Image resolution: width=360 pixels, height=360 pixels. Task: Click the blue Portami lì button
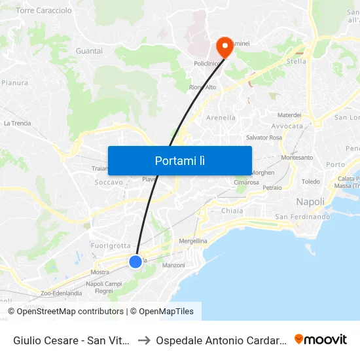pyautogui.click(x=179, y=160)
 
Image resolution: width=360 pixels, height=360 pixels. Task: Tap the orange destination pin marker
pyautogui.click(x=224, y=46)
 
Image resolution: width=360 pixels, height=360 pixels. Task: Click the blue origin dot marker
pyautogui.click(x=135, y=262)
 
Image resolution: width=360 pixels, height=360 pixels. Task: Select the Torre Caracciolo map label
pyautogui.click(x=43, y=11)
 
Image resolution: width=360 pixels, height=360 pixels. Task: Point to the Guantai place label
pyautogui.click(x=89, y=50)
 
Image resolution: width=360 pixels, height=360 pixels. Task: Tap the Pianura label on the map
pyautogui.click(x=14, y=83)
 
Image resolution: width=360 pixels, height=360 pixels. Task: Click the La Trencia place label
pyautogui.click(x=17, y=123)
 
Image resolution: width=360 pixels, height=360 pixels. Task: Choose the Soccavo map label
pyautogui.click(x=109, y=183)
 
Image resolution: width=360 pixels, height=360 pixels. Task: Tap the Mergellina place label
pyautogui.click(x=194, y=241)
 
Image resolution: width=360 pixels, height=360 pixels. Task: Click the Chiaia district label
pyautogui.click(x=232, y=211)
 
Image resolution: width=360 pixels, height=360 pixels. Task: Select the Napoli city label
pyautogui.click(x=310, y=202)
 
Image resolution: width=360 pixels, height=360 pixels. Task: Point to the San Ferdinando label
pyautogui.click(x=302, y=217)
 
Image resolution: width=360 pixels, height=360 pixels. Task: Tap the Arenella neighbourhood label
pyautogui.click(x=221, y=118)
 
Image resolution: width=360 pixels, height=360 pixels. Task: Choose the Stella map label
pyautogui.click(x=297, y=62)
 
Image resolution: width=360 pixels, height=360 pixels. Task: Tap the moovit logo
pyautogui.click(x=321, y=339)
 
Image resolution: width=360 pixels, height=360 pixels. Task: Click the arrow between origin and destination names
pyautogui.click(x=144, y=340)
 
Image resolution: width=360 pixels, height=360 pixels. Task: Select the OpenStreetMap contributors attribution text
pyautogui.click(x=69, y=312)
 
